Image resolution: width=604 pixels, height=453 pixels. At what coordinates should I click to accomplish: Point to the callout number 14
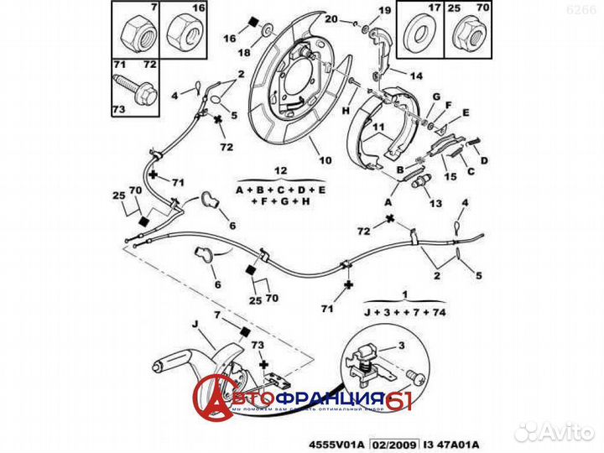416,75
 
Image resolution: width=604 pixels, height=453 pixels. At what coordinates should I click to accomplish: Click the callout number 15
450,177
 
